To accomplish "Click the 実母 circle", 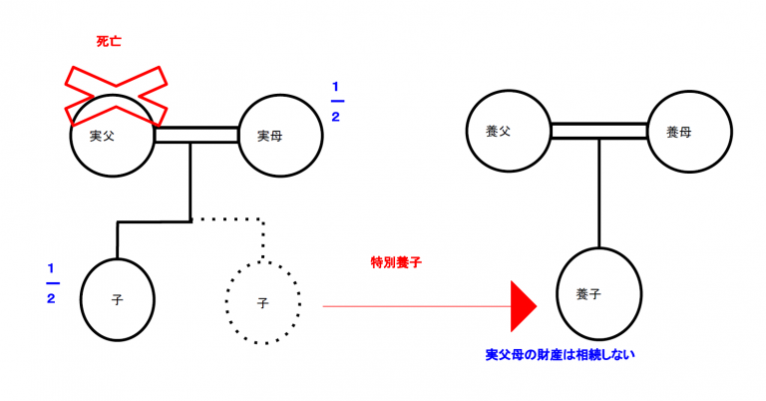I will pos(279,136).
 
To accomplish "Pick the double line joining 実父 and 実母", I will pos(196,135).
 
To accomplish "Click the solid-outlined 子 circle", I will pos(118,299).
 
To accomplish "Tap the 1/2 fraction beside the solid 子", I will pos(53,285).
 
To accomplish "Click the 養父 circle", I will pos(510,131).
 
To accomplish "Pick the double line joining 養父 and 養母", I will pos(598,131).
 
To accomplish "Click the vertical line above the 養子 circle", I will pos(598,195).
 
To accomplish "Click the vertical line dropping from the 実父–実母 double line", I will pos(190,180).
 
